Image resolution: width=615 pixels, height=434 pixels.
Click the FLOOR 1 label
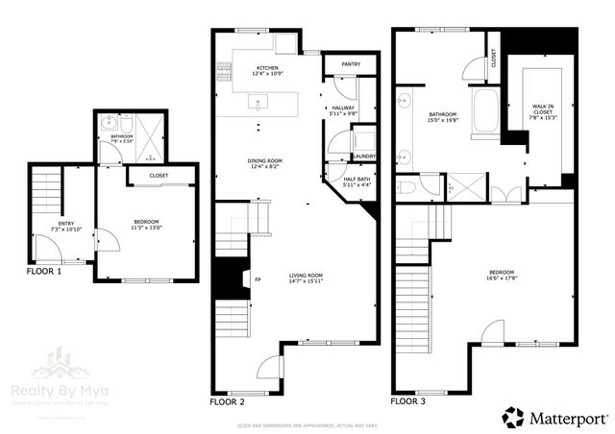click(x=43, y=272)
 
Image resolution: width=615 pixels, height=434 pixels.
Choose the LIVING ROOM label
click(x=307, y=276)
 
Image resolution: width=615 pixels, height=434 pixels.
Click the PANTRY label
click(x=350, y=63)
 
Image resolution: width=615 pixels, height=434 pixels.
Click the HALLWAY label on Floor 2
click(x=343, y=108)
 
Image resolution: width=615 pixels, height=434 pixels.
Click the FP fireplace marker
click(x=258, y=280)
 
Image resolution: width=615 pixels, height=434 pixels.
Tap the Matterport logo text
click(x=562, y=416)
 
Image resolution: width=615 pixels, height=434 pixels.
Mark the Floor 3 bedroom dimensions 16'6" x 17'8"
click(x=500, y=277)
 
